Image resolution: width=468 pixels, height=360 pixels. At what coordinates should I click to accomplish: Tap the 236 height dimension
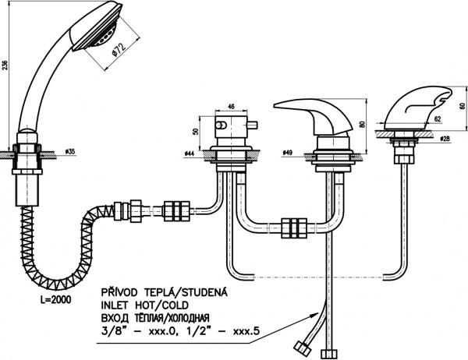tap(6, 65)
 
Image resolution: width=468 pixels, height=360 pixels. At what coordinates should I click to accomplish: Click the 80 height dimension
tap(363, 124)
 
